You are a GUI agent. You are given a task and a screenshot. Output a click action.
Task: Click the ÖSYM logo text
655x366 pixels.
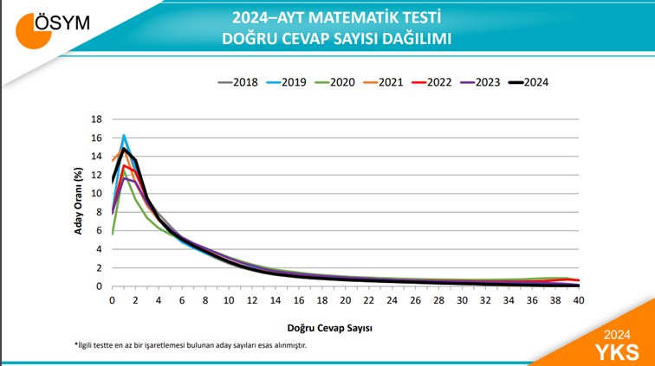click(x=64, y=23)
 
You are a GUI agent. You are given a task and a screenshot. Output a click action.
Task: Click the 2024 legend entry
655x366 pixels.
click(x=534, y=82)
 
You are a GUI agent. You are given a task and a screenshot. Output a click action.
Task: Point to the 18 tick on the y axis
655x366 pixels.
click(x=97, y=119)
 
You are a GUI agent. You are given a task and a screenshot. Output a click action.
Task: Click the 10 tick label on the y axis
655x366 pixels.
click(x=97, y=194)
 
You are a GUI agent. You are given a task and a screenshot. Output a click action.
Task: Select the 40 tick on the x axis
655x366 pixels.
click(x=579, y=299)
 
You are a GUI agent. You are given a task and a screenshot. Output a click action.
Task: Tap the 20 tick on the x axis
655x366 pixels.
click(x=345, y=299)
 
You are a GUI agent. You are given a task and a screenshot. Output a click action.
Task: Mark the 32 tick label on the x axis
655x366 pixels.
click(x=485, y=299)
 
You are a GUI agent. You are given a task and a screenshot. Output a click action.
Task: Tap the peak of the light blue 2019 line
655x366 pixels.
click(x=124, y=136)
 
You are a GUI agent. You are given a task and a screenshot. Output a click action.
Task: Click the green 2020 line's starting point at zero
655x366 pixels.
click(x=112, y=234)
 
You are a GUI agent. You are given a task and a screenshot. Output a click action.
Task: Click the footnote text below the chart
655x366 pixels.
click(x=190, y=345)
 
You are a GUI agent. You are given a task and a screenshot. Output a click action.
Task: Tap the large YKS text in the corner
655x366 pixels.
click(x=617, y=350)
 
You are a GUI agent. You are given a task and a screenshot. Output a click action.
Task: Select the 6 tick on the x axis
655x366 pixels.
click(x=182, y=299)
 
